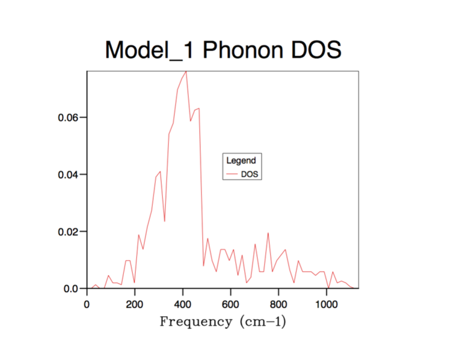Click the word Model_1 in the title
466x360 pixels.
(150, 50)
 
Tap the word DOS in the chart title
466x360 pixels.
(316, 50)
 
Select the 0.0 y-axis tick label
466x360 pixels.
(71, 289)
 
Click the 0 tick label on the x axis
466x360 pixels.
(87, 304)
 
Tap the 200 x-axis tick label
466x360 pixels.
(135, 304)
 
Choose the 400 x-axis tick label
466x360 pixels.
(183, 304)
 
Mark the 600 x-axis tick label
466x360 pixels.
(231, 304)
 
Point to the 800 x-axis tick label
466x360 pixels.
(278, 304)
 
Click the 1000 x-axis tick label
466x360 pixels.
(327, 304)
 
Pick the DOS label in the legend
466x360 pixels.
(250, 174)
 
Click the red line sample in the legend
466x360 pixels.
(232, 175)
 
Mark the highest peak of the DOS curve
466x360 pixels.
(186, 71)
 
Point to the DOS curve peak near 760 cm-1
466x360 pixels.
(268, 233)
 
